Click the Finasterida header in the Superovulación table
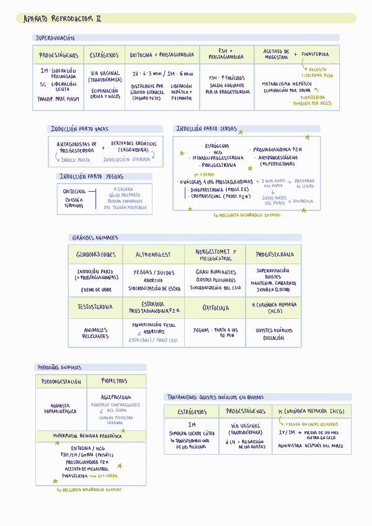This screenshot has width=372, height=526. (315, 55)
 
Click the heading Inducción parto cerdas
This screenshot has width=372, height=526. (206, 129)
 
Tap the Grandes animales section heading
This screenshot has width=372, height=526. (95, 238)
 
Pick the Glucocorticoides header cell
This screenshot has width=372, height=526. (95, 254)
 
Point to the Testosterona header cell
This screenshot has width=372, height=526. (95, 306)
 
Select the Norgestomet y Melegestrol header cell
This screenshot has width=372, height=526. (215, 254)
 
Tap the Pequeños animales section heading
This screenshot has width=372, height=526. (60, 367)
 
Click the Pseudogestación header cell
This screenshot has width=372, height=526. (61, 381)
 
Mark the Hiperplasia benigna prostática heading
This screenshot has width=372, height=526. (87, 436)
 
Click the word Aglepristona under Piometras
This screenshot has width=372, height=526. (115, 397)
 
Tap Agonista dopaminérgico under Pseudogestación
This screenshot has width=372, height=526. (60, 408)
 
